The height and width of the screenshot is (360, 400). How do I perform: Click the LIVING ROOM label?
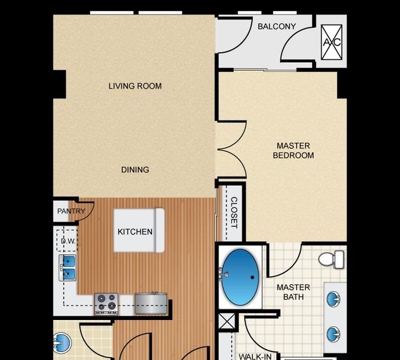tap(135, 86)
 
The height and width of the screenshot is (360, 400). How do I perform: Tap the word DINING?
tap(135, 170)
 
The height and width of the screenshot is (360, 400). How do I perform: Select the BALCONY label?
tap(277, 26)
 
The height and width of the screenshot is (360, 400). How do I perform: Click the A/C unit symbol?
tap(331, 42)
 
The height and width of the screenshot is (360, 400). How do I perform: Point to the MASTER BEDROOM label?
tap(294, 151)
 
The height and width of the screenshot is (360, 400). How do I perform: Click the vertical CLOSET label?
tap(234, 212)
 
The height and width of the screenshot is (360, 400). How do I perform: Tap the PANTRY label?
tap(71, 211)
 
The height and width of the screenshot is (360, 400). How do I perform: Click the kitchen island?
tap(139, 230)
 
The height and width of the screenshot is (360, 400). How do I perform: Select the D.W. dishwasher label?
tap(68, 241)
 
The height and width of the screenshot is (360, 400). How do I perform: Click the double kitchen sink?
tap(68, 268)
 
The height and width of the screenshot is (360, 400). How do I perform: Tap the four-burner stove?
tap(106, 303)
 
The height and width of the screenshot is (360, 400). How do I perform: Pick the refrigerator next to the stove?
tap(151, 303)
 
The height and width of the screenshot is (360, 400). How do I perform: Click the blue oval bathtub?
tap(240, 277)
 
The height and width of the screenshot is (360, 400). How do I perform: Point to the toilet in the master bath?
tap(331, 259)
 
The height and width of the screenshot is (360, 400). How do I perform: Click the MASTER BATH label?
tap(294, 292)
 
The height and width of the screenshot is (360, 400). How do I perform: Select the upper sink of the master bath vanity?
tap(333, 299)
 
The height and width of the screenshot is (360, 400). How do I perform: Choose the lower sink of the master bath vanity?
tap(333, 334)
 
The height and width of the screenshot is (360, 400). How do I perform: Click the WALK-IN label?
tap(255, 356)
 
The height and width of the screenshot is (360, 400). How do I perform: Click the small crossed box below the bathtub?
tap(227, 321)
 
